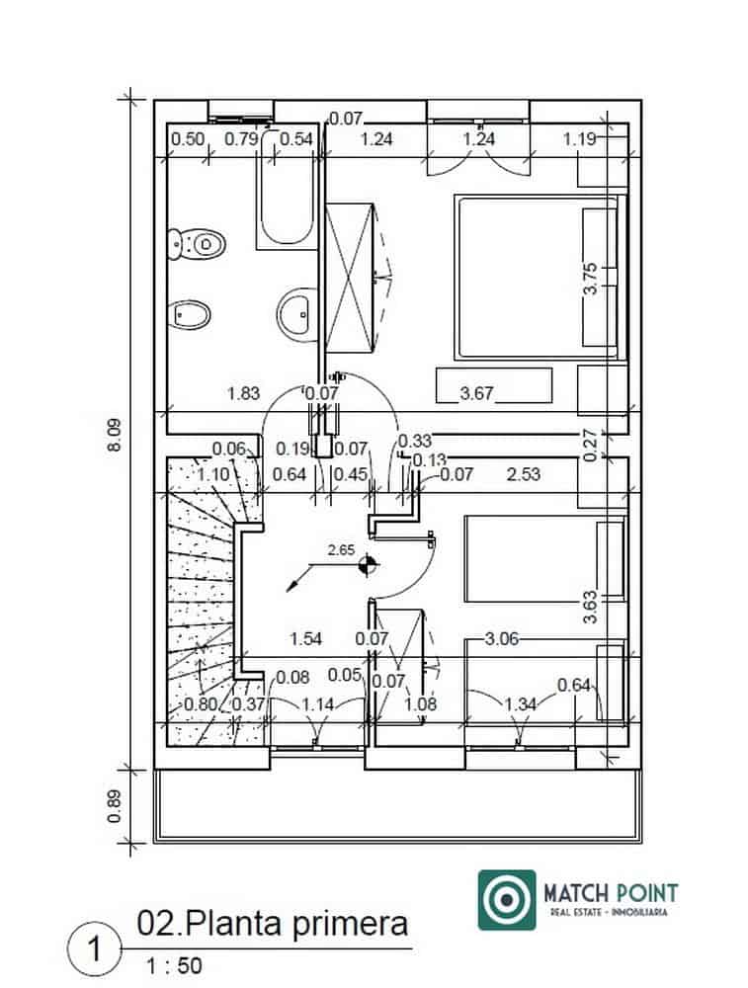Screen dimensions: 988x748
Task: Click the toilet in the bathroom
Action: (197, 242)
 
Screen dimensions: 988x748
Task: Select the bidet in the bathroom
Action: (191, 315)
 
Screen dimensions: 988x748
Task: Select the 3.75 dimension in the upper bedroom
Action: (590, 278)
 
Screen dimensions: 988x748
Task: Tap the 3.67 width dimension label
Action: (477, 394)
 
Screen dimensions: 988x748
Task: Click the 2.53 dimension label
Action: (523, 474)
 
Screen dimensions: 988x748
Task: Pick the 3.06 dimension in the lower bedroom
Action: (503, 639)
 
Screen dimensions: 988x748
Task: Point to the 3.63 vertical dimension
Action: (590, 606)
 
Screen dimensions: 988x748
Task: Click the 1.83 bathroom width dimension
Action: (243, 393)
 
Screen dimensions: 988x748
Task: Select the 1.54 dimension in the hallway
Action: (306, 639)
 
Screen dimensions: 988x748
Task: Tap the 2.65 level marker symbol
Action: (369, 565)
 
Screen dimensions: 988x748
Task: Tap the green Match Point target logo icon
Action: (507, 899)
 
